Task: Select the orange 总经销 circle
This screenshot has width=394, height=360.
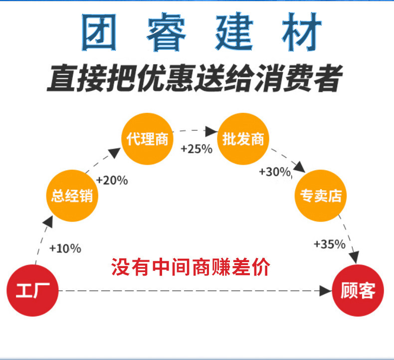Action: pyautogui.click(x=72, y=195)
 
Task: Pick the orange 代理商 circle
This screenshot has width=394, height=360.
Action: pyautogui.click(x=147, y=139)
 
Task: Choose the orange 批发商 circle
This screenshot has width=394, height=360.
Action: pyautogui.click(x=243, y=139)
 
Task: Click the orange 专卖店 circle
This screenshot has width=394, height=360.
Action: pyautogui.click(x=320, y=195)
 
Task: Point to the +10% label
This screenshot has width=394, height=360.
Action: pyautogui.click(x=65, y=248)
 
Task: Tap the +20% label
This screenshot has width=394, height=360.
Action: pyautogui.click(x=112, y=180)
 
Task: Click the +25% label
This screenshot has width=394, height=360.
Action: pyautogui.click(x=197, y=149)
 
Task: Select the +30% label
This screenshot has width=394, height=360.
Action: pyautogui.click(x=275, y=172)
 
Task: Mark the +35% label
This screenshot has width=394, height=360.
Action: pyautogui.click(x=329, y=244)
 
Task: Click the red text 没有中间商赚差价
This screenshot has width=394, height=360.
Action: pyautogui.click(x=191, y=267)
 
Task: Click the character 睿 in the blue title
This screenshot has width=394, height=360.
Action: pyautogui.click(x=167, y=33)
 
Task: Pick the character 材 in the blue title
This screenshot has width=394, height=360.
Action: pyautogui.click(x=297, y=33)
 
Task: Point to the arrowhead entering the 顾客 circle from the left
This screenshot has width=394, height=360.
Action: pyautogui.click(x=326, y=290)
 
